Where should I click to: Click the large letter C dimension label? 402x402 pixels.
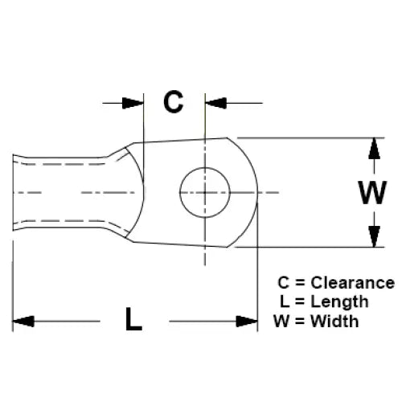pyautogui.click(x=174, y=102)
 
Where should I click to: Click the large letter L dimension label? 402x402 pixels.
pyautogui.click(x=133, y=319)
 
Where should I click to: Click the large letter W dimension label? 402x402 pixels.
pyautogui.click(x=372, y=192)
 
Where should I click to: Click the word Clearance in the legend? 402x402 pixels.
pyautogui.click(x=353, y=283)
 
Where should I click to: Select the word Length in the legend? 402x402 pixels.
pyautogui.click(x=339, y=301)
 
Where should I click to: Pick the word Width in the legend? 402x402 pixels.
pyautogui.click(x=334, y=321)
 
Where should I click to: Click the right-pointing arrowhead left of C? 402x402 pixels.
pyautogui.click(x=133, y=103)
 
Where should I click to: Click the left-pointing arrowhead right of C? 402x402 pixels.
pyautogui.click(x=216, y=103)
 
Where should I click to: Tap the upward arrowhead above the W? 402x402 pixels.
pyautogui.click(x=375, y=149)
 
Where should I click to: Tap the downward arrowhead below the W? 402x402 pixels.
pyautogui.click(x=375, y=236)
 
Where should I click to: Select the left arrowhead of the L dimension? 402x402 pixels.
pyautogui.click(x=23, y=322)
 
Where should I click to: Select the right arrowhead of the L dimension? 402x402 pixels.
pyautogui.click(x=247, y=322)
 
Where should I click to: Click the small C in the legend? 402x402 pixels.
pyautogui.click(x=284, y=283)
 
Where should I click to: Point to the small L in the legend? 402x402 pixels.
pyautogui.click(x=285, y=301)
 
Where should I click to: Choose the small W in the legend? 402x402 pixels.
pyautogui.click(x=281, y=321)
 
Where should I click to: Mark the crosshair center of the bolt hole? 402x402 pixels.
pyautogui.click(x=205, y=192)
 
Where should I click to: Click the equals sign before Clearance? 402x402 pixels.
pyautogui.click(x=300, y=283)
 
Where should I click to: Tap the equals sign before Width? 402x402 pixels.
pyautogui.click(x=300, y=321)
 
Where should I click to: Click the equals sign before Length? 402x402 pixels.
pyautogui.click(x=300, y=301)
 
